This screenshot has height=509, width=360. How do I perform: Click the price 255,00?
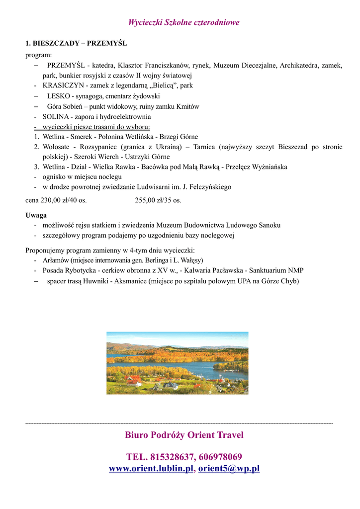click(x=146, y=200)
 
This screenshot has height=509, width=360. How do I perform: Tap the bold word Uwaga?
click(x=36, y=215)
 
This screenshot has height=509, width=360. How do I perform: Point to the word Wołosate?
click(x=56, y=147)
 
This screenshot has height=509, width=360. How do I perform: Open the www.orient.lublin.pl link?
click(x=151, y=469)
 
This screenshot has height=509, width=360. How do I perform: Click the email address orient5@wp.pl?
click(x=229, y=469)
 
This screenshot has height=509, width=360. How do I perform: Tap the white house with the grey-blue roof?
click(x=171, y=385)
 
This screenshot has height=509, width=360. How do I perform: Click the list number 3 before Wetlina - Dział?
click(x=37, y=167)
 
